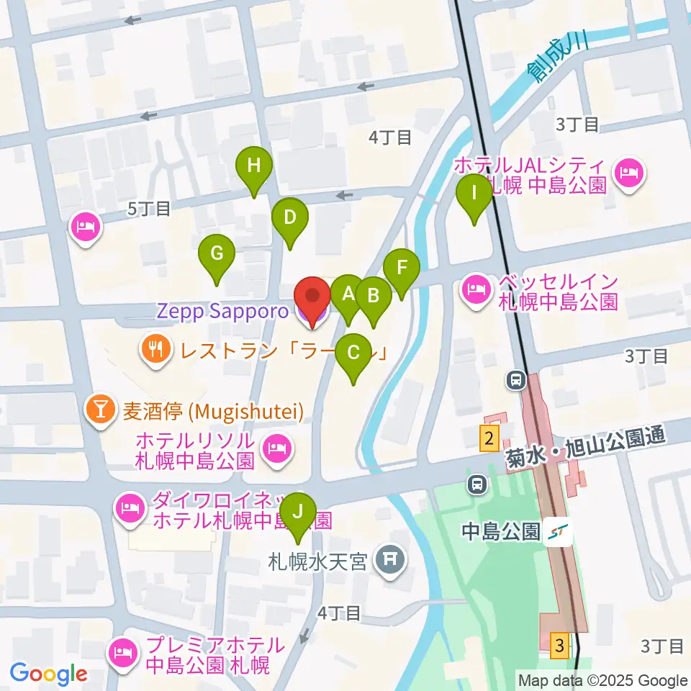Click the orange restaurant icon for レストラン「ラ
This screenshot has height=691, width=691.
154,351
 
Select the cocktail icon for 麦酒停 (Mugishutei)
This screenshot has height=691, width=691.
100,410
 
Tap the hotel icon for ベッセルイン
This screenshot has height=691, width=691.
474,290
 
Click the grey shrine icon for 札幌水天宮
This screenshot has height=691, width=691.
390,559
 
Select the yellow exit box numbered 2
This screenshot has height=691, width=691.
489,438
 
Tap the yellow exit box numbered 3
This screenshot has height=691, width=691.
559,643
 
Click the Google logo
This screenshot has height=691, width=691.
48,674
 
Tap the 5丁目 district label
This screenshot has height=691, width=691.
149,209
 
